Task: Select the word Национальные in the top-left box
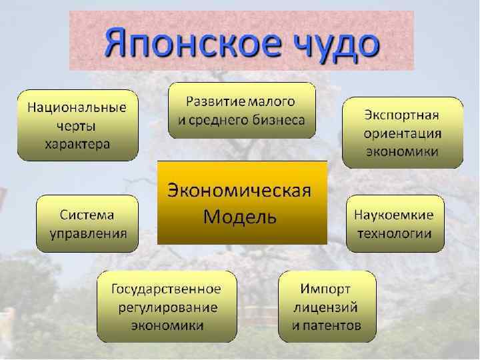tap(77, 107)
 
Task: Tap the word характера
tap(77, 143)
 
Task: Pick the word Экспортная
tap(403, 113)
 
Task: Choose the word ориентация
tap(403, 132)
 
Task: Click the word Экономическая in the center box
tap(240, 191)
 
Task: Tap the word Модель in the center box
tap(240, 217)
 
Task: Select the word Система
tap(87, 215)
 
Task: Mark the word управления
tap(87, 233)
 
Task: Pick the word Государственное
tap(167, 289)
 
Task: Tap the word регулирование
tap(167, 307)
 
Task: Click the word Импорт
tap(326, 289)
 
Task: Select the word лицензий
tap(326, 307)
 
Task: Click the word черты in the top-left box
tap(77, 125)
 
